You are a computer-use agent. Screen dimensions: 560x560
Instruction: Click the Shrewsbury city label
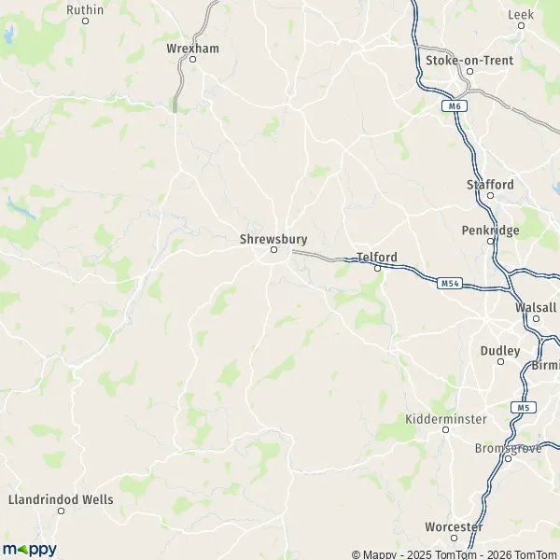273,239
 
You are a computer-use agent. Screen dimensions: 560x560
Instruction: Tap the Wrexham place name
191,47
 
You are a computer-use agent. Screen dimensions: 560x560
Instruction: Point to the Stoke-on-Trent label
469,60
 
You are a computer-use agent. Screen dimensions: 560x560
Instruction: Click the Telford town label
377,257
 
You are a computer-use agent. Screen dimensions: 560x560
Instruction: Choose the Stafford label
490,185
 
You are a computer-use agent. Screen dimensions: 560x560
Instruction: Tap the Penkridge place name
490,230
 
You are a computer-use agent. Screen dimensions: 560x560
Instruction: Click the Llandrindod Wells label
60,499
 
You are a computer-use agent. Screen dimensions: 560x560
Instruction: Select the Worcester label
454,527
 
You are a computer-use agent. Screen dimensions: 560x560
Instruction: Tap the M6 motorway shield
454,106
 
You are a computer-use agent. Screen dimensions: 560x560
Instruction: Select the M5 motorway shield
523,407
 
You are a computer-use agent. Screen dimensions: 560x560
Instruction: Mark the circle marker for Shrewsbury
274,250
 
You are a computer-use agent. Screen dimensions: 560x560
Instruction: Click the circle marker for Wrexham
193,59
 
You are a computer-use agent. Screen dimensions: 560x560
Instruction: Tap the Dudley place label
499,351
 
